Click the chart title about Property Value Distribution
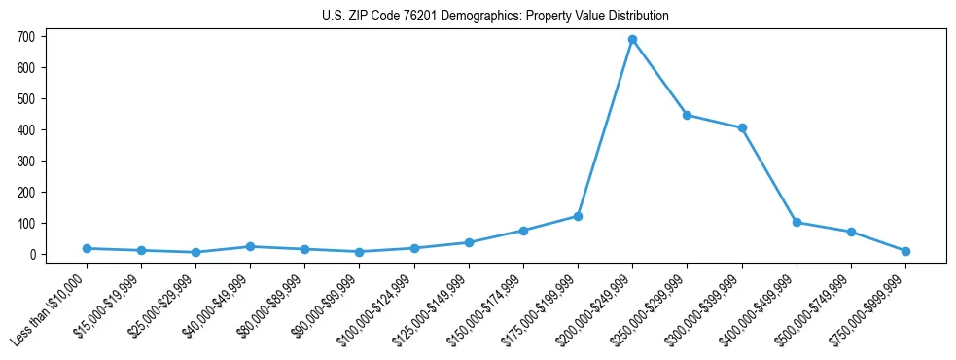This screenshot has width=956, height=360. [495, 17]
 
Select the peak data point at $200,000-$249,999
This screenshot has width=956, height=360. [633, 40]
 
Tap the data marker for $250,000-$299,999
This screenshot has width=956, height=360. [688, 115]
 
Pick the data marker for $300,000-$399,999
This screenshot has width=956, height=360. [742, 127]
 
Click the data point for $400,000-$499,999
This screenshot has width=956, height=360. [797, 222]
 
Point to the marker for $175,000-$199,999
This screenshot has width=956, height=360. [579, 216]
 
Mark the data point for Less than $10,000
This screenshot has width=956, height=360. [88, 248]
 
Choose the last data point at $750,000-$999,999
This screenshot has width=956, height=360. [905, 251]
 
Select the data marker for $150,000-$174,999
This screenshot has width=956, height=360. [524, 231]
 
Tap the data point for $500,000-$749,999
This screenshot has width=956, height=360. [851, 232]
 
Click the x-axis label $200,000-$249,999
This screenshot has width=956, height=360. [597, 306]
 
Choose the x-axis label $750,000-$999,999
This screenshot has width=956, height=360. [869, 306]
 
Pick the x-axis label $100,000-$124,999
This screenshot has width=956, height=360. [379, 306]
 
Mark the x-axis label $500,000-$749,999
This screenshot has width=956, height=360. [815, 306]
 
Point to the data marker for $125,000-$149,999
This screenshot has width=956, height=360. [470, 242]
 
